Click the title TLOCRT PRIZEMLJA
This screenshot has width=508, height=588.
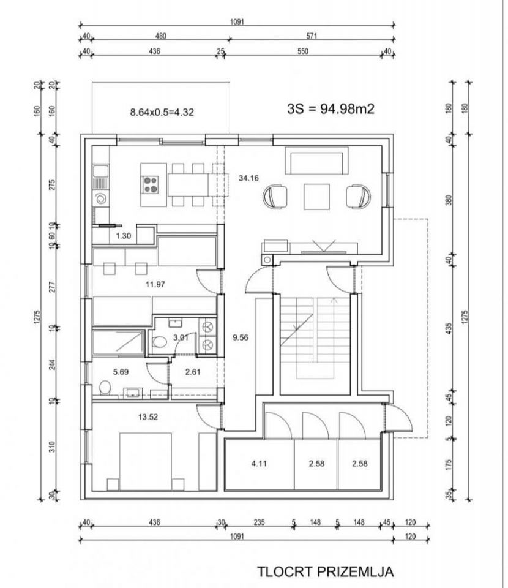pyautogui.click(x=325, y=571)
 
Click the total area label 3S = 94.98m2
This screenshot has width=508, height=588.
pyautogui.click(x=331, y=109)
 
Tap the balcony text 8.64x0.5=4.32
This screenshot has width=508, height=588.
pyautogui.click(x=162, y=112)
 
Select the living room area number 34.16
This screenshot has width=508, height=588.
pyautogui.click(x=248, y=178)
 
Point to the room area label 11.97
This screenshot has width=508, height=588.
pyautogui.click(x=155, y=284)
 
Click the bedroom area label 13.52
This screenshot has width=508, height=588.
pyautogui.click(x=148, y=417)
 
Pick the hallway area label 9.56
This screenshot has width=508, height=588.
pyautogui.click(x=241, y=337)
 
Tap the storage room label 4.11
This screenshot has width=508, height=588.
pyautogui.click(x=259, y=464)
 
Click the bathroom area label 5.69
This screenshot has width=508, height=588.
pyautogui.click(x=121, y=372)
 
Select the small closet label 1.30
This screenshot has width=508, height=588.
pyautogui.click(x=123, y=236)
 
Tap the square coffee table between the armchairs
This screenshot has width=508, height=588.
pyautogui.click(x=316, y=197)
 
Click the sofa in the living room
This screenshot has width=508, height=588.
pyautogui.click(x=316, y=160)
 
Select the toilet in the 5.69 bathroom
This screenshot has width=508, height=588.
pyautogui.click(x=105, y=388)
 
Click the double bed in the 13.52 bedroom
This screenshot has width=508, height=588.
pyautogui.click(x=145, y=462)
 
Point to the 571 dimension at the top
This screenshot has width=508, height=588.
pyautogui.click(x=312, y=36)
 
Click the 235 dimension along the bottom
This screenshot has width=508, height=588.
pyautogui.click(x=260, y=522)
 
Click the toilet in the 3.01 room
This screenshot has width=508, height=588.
pyautogui.click(x=160, y=342)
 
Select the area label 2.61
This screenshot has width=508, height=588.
pyautogui.click(x=193, y=372)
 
